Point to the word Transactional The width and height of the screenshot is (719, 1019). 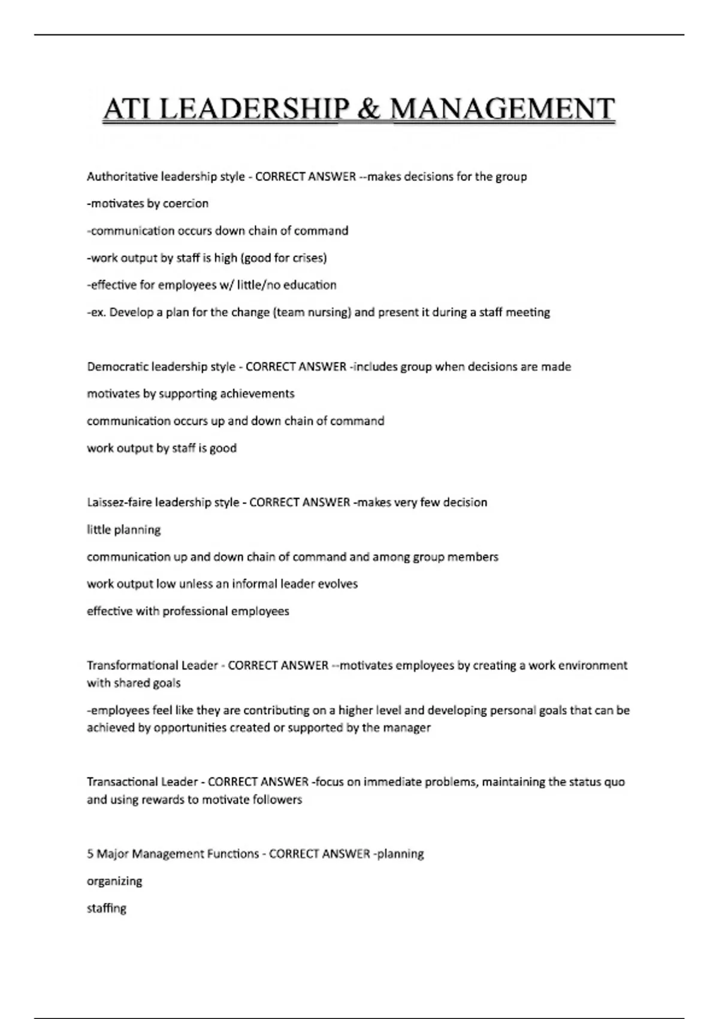pos(125,782)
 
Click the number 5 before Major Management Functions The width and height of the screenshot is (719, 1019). pos(90,854)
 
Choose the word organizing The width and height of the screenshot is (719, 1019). pos(114,882)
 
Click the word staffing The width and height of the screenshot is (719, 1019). pos(107,909)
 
